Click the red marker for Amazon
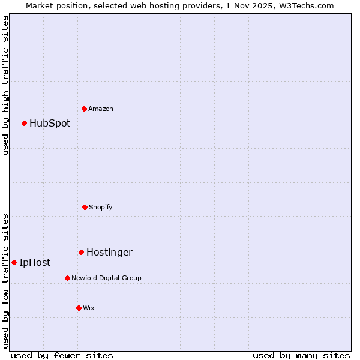(x=84, y=109)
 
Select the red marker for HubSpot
(x=25, y=123)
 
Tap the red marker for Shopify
(x=85, y=207)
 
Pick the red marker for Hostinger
(x=81, y=252)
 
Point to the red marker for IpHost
(x=14, y=262)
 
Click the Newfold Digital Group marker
(x=67, y=278)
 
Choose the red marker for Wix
(x=79, y=308)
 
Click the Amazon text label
(x=101, y=109)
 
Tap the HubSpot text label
(x=50, y=124)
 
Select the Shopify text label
(x=101, y=207)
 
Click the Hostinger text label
(x=109, y=253)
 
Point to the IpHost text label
(x=35, y=263)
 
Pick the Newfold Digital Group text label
(x=106, y=278)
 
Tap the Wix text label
(x=89, y=308)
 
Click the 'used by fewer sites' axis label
(x=62, y=355)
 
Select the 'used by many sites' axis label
(x=301, y=355)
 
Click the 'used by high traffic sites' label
(x=6, y=85)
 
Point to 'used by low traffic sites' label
(x=6, y=281)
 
